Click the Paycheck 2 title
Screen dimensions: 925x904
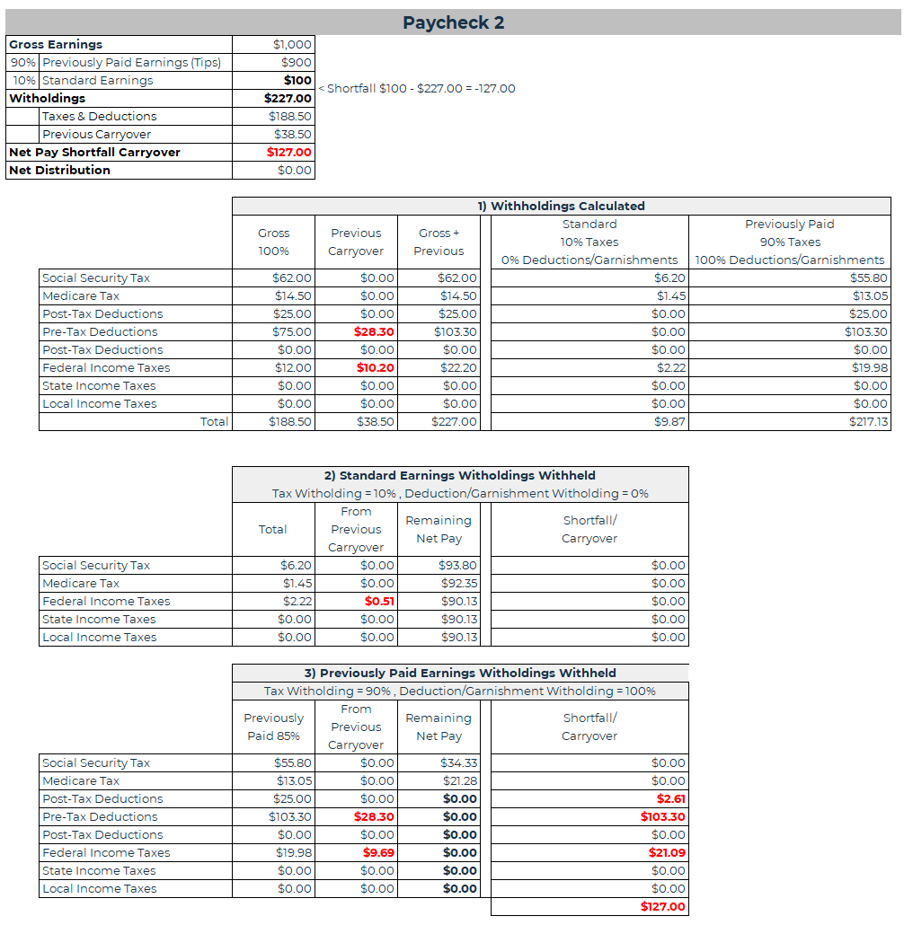pyautogui.click(x=453, y=22)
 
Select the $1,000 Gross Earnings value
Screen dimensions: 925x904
pyautogui.click(x=292, y=45)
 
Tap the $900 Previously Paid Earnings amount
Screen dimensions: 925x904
pyautogui.click(x=296, y=63)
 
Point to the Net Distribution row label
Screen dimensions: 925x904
pyautogui.click(x=60, y=171)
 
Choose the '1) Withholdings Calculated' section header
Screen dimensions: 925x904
pyautogui.click(x=561, y=207)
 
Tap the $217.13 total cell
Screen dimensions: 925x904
pyautogui.click(x=868, y=422)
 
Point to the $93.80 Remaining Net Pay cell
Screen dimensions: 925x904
pyautogui.click(x=460, y=566)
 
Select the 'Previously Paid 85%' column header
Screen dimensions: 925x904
pyautogui.click(x=273, y=727)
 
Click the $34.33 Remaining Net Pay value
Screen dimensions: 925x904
pyautogui.click(x=460, y=763)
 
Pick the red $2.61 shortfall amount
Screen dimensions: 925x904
pyautogui.click(x=670, y=799)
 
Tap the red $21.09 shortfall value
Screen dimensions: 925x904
pyautogui.click(x=667, y=853)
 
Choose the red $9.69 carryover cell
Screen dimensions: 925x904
pyautogui.click(x=378, y=853)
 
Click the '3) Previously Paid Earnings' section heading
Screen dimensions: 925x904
pyautogui.click(x=459, y=674)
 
